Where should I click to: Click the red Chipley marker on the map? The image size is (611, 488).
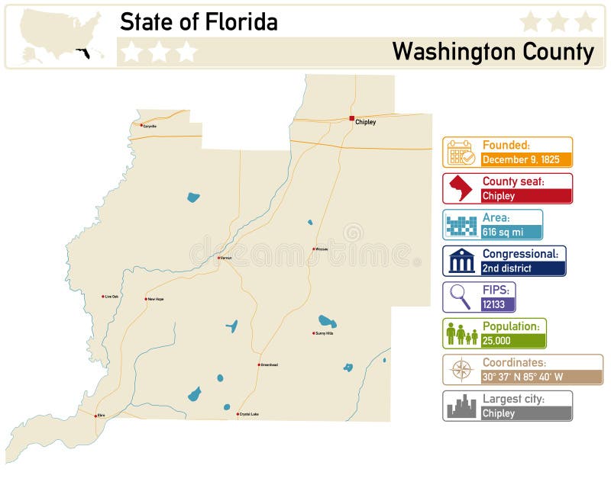pyautogui.click(x=351, y=118)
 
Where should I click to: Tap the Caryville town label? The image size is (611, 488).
pyautogui.click(x=150, y=126)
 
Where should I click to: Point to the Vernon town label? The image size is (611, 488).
pyautogui.click(x=225, y=258)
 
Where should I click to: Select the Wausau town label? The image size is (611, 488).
pyautogui.click(x=322, y=249)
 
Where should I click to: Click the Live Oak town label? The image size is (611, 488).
pyautogui.click(x=112, y=297)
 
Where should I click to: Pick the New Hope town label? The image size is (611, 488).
pyautogui.click(x=155, y=299)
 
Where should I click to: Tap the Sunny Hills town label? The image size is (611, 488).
pyautogui.click(x=325, y=333)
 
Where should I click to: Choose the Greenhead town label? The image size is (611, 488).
pyautogui.click(x=269, y=364)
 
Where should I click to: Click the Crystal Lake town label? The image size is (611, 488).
pyautogui.click(x=249, y=414)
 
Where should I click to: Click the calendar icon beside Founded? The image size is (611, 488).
pyautogui.click(x=461, y=152)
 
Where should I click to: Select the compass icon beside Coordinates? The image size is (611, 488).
pyautogui.click(x=461, y=369)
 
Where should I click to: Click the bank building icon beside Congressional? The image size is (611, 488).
pyautogui.click(x=461, y=261)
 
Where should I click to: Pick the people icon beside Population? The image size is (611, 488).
pyautogui.click(x=461, y=333)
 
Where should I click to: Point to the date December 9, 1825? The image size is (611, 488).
pyautogui.click(x=521, y=159)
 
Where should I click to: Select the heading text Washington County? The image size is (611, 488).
pyautogui.click(x=493, y=52)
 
